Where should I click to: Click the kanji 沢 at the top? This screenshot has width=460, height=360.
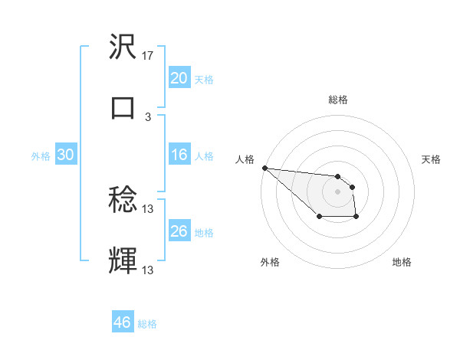pyautogui.click(x=123, y=48)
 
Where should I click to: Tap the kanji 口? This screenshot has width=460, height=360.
pyautogui.click(x=123, y=107)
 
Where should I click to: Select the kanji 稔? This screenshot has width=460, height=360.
pyautogui.click(x=123, y=201)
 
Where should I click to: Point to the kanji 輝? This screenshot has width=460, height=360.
pyautogui.click(x=123, y=260)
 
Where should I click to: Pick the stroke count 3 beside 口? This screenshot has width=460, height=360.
pyautogui.click(x=148, y=117)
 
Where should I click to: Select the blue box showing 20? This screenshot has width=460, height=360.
pyautogui.click(x=179, y=78)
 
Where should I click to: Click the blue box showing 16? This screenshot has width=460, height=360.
pyautogui.click(x=179, y=155)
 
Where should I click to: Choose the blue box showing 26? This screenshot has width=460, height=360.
pyautogui.click(x=179, y=231)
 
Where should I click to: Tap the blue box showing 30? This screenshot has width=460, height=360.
pyautogui.click(x=66, y=155)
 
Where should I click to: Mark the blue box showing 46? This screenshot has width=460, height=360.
pyautogui.click(x=123, y=322)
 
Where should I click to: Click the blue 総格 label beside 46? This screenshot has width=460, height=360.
pyautogui.click(x=147, y=324)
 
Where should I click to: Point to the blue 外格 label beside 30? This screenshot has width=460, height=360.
pyautogui.click(x=41, y=156)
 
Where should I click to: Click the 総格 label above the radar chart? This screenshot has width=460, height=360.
pyautogui.click(x=337, y=100)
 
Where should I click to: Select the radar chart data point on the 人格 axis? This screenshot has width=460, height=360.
pyautogui.click(x=264, y=168)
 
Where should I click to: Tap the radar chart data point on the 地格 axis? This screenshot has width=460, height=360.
pyautogui.click(x=356, y=218)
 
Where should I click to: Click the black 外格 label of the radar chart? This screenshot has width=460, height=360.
pyautogui.click(x=270, y=262)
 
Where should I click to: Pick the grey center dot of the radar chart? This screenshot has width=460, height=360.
pyautogui.click(x=337, y=191)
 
